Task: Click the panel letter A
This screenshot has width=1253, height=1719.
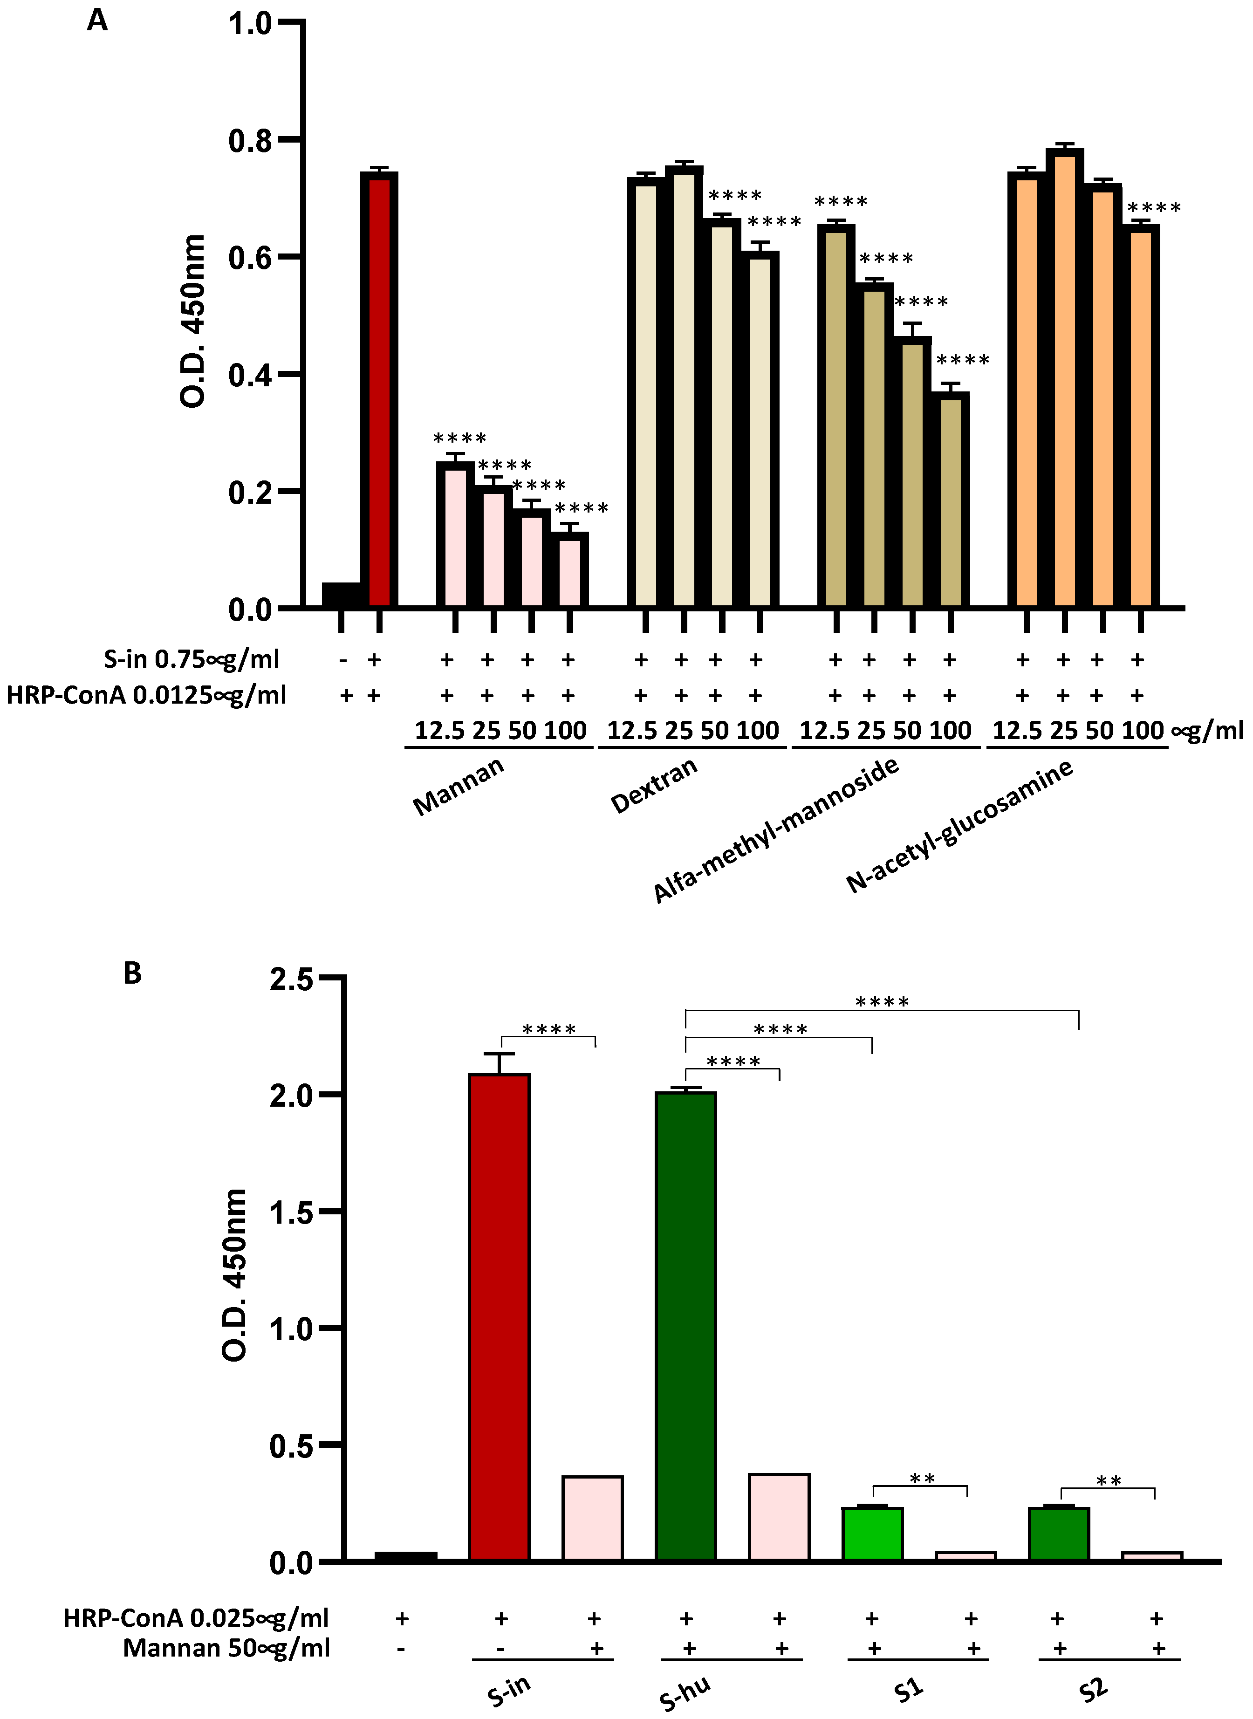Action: point(97,21)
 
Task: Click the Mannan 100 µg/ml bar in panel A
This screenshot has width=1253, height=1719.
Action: point(569,570)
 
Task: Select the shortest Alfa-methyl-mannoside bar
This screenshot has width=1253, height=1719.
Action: point(950,500)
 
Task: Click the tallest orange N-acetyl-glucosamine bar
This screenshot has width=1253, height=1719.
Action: point(1064,379)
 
